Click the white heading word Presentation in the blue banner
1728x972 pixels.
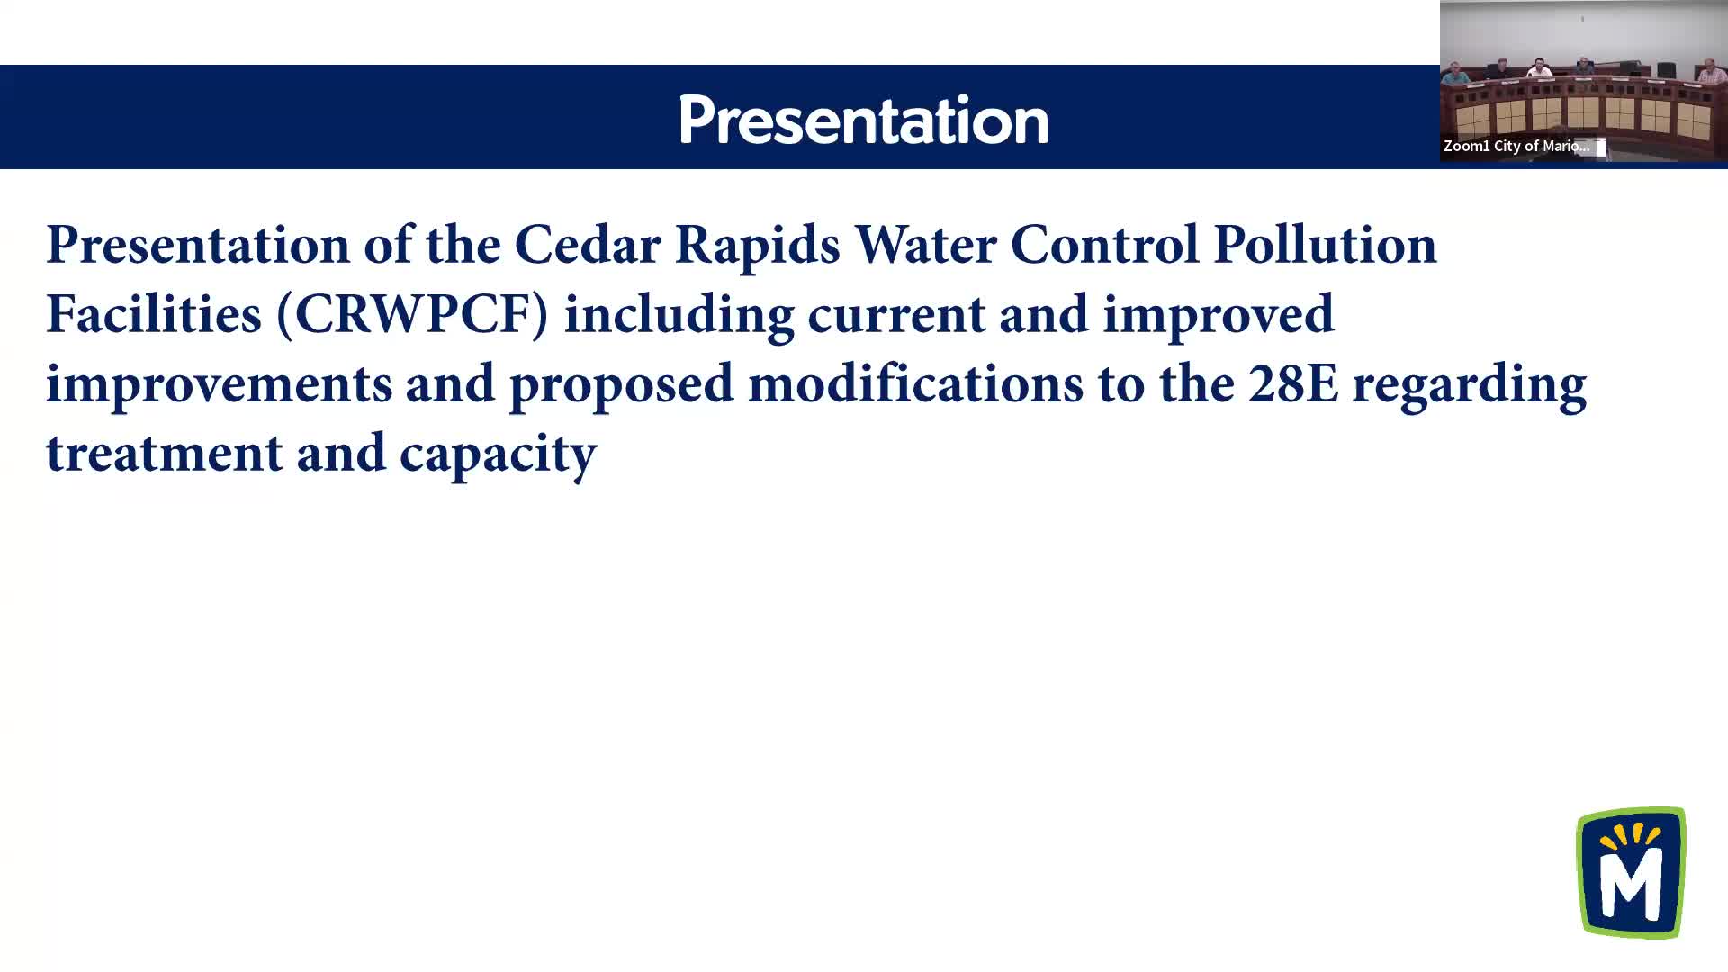point(864,120)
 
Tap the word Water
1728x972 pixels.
point(925,245)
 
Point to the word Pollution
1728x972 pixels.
point(1325,245)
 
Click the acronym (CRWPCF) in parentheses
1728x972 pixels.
point(412,315)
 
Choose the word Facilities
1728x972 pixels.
point(154,314)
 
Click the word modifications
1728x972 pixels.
point(915,383)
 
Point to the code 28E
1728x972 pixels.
point(1293,384)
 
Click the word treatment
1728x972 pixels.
point(165,454)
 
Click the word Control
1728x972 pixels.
point(1105,245)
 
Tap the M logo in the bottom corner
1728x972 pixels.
point(1631,872)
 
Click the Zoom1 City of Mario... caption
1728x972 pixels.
point(1516,146)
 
